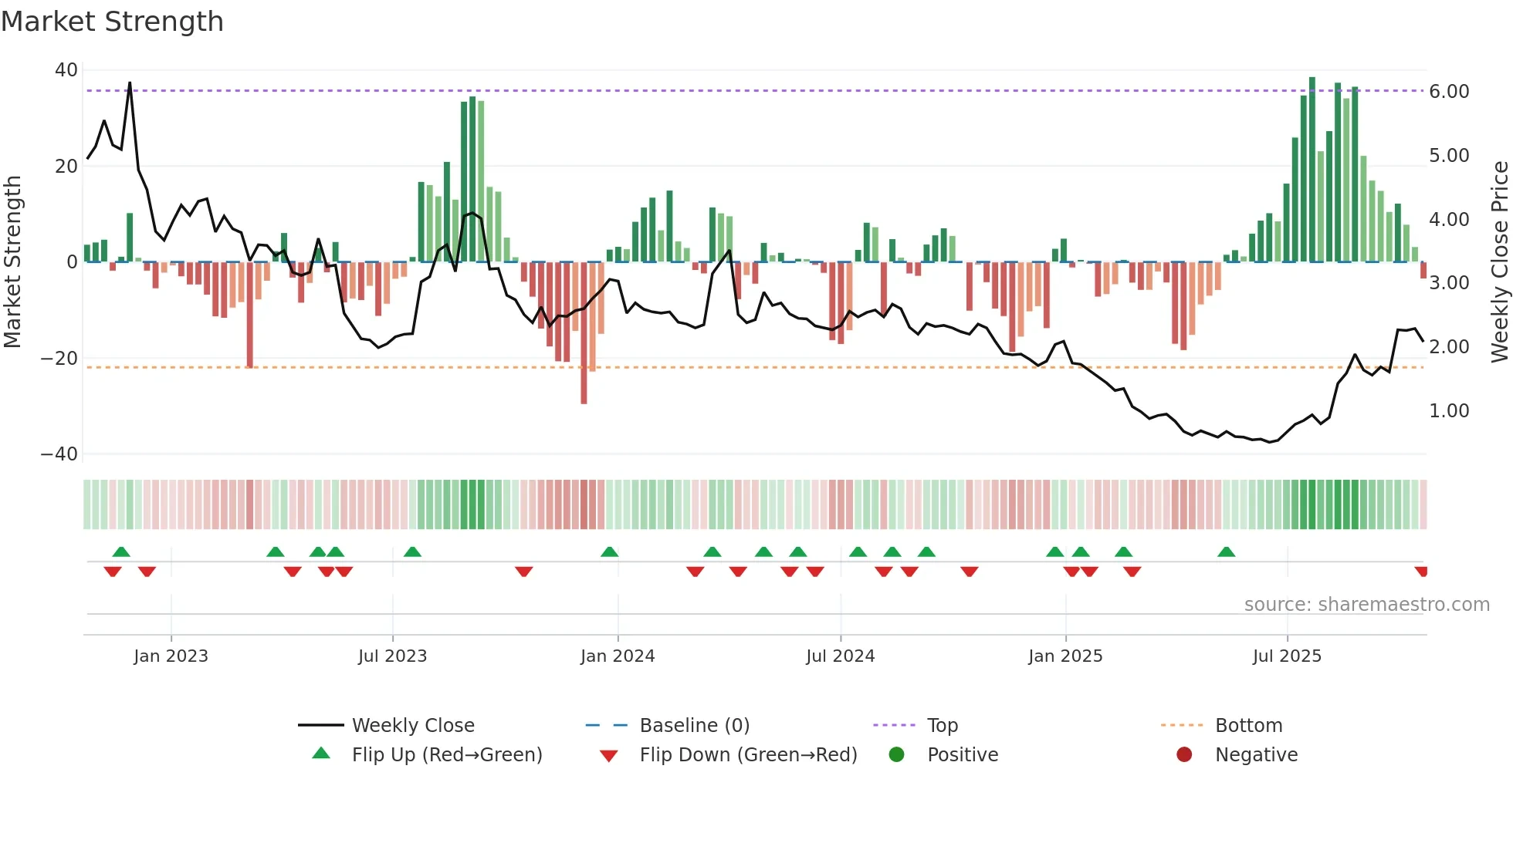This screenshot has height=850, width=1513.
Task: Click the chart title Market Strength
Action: pyautogui.click(x=112, y=22)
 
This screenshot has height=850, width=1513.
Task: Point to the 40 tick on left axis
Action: pyautogui.click(x=66, y=70)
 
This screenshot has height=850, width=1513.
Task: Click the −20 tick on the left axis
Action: pyautogui.click(x=59, y=359)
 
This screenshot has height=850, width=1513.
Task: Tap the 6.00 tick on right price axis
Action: pyautogui.click(x=1449, y=92)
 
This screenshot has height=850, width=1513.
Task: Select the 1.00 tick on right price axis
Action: pyautogui.click(x=1449, y=411)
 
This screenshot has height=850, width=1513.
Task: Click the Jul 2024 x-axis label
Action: pyautogui.click(x=840, y=656)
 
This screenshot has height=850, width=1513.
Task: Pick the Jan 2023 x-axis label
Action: pyautogui.click(x=171, y=656)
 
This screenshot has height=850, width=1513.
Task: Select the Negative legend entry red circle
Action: pyautogui.click(x=1184, y=755)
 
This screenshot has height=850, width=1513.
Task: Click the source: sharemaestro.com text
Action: pyautogui.click(x=1366, y=605)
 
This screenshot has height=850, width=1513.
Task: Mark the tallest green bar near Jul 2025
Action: pyautogui.click(x=1312, y=170)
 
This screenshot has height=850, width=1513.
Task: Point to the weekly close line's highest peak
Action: pyautogui.click(x=130, y=83)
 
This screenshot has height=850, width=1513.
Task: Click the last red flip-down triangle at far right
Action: pyautogui.click(x=1421, y=572)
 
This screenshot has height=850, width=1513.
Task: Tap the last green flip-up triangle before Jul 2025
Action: pyautogui.click(x=1226, y=551)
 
